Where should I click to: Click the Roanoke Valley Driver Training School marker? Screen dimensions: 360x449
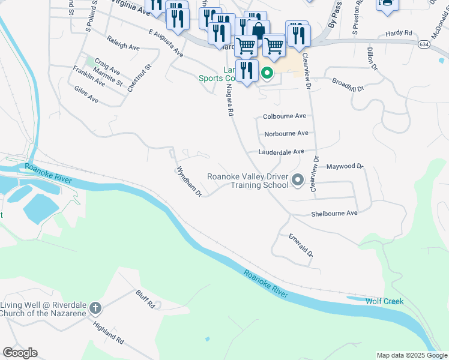297,179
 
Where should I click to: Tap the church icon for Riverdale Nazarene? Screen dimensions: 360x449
94,309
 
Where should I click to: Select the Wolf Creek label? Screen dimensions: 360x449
384,301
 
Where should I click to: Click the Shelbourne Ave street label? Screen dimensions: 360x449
334,214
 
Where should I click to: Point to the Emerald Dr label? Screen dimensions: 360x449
301,245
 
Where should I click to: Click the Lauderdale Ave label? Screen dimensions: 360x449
282,152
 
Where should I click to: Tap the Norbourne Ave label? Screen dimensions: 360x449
286,133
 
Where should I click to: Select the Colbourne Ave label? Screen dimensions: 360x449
285,116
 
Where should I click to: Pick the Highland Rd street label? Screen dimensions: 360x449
109,332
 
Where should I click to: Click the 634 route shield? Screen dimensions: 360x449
424,44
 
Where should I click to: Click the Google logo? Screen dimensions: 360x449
20,353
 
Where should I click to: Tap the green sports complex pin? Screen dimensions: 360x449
267,74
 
